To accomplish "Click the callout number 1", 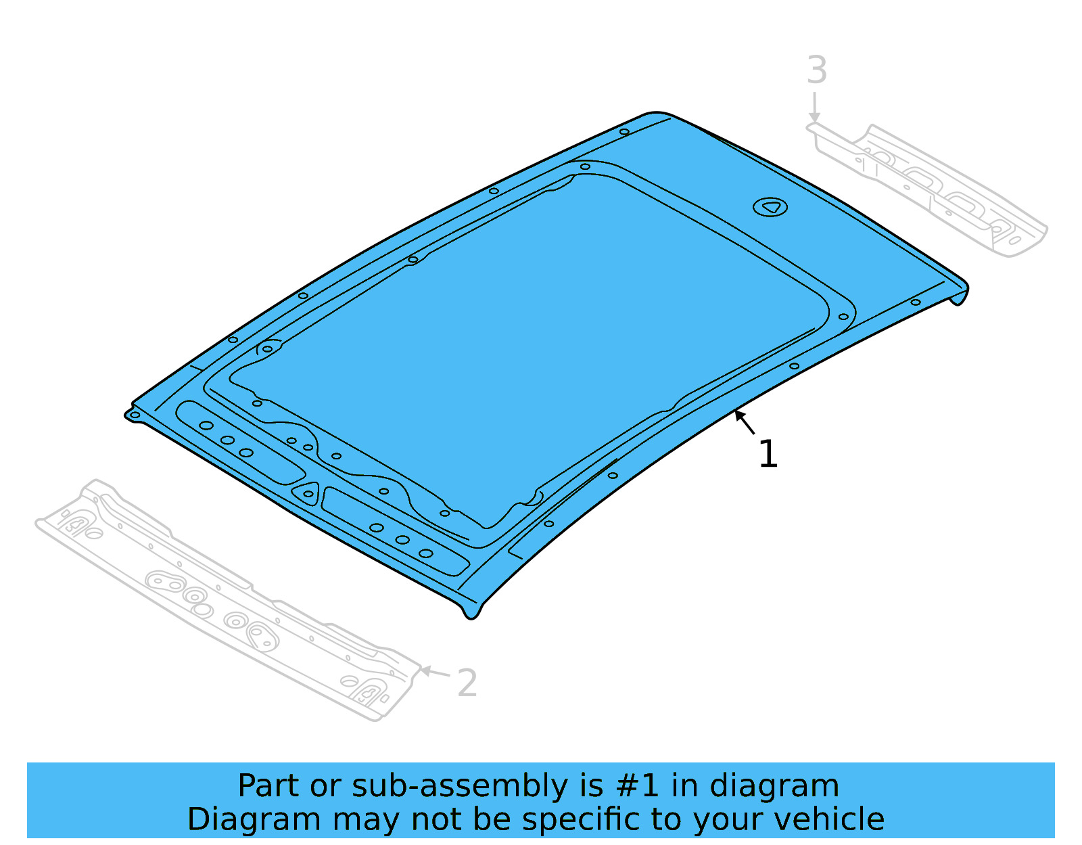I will tap(768, 454).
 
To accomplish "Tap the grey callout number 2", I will tap(467, 683).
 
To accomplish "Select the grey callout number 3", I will tap(817, 70).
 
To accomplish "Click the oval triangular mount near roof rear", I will tap(770, 207).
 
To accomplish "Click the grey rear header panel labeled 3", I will tap(933, 189).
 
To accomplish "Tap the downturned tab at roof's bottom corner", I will tap(471, 611).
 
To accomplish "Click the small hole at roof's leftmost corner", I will tap(135, 415).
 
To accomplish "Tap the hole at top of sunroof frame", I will tap(585, 166).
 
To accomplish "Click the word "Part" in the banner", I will tap(268, 786).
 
